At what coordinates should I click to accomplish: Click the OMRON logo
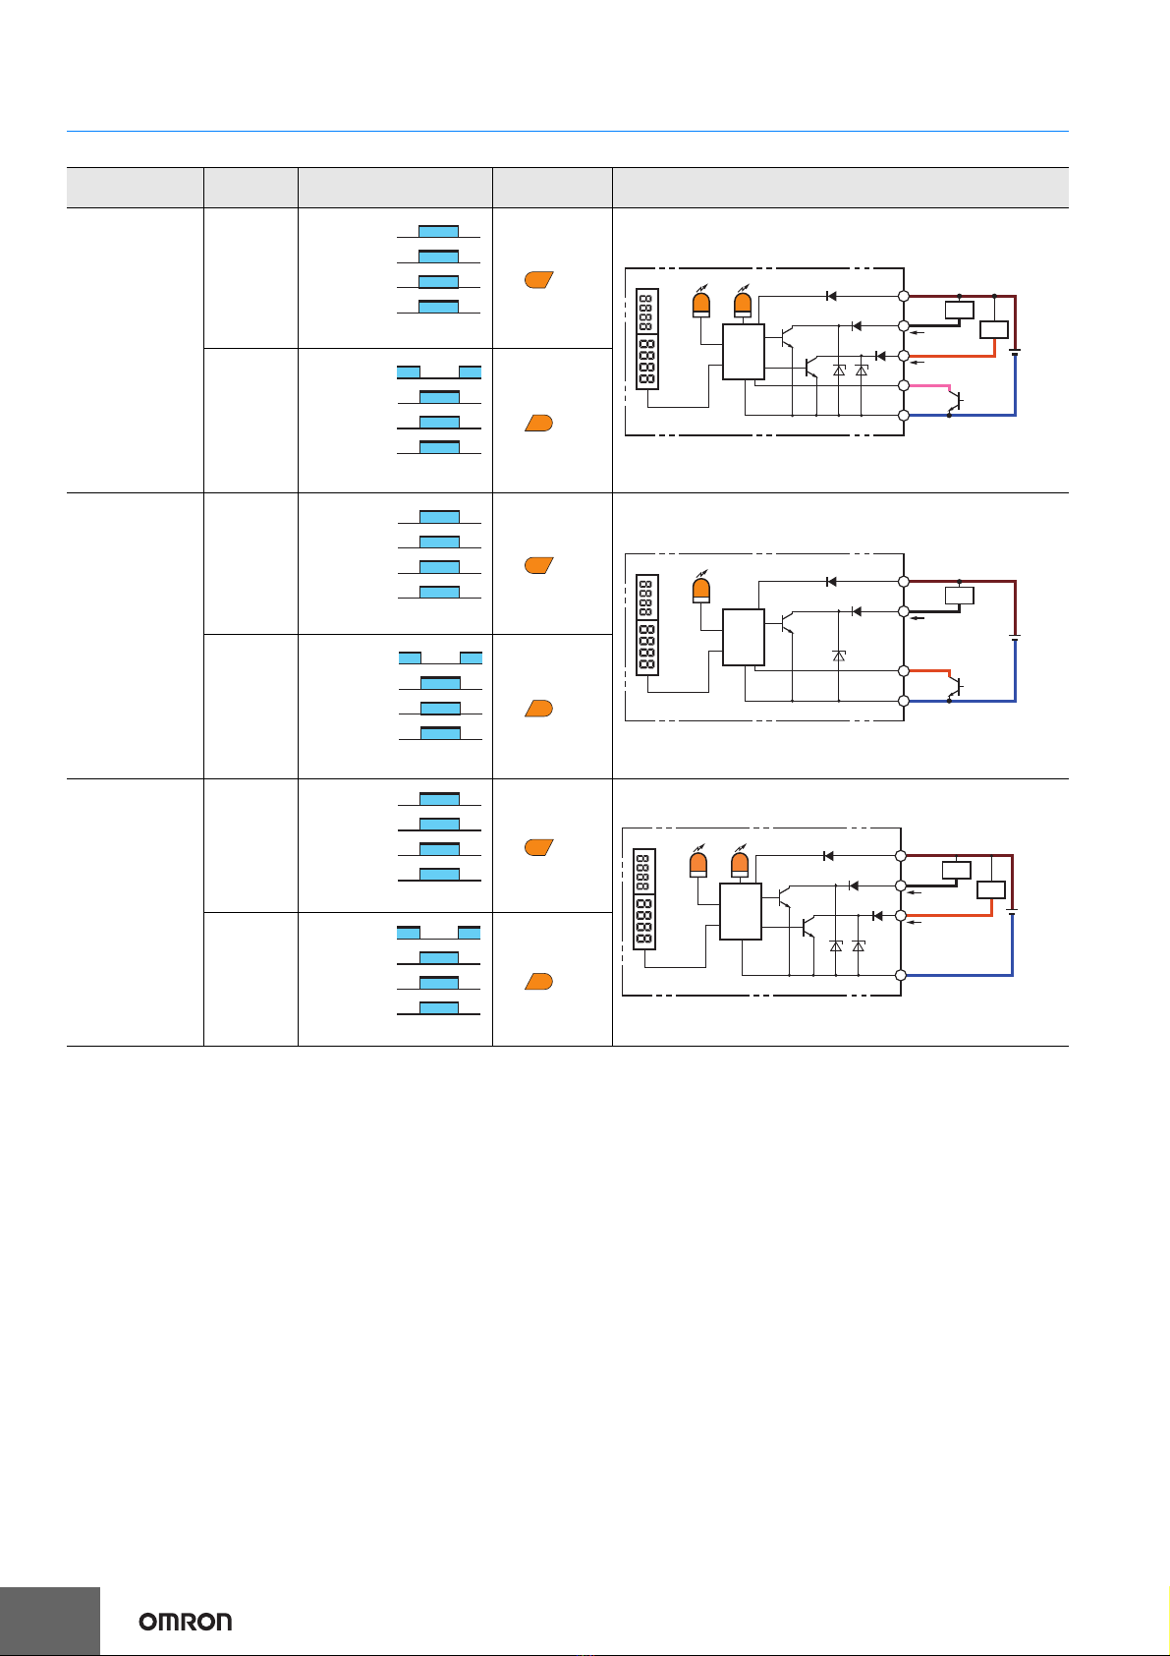tap(185, 1622)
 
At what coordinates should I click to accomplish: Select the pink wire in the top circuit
tap(929, 386)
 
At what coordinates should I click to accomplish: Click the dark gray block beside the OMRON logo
tap(49, 1621)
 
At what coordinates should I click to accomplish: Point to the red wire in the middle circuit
tap(929, 671)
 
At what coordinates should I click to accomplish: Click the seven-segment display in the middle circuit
tap(646, 625)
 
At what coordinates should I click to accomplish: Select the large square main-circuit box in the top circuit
tap(743, 352)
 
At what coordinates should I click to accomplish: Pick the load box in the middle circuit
tap(960, 596)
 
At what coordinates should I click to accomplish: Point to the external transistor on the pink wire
tap(956, 401)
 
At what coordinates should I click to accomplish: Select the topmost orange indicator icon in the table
tap(538, 279)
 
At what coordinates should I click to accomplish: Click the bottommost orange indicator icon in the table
tap(538, 981)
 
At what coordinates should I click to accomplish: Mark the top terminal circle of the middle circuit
tap(903, 582)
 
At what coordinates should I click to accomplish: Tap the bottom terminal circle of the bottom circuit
tap(900, 975)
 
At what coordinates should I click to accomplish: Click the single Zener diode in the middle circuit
tap(839, 656)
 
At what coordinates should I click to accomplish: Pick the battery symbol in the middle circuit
tap(1015, 637)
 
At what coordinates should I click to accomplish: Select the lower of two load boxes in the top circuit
tap(993, 329)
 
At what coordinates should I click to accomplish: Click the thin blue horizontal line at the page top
tap(568, 132)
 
